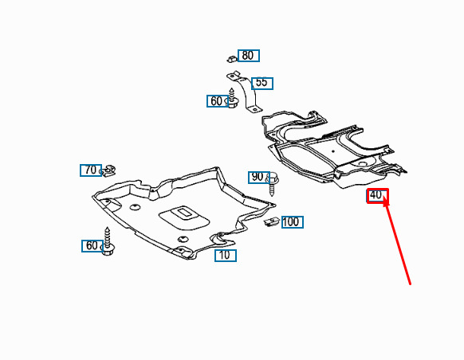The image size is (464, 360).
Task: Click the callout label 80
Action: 249,56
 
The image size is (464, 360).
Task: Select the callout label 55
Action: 262,84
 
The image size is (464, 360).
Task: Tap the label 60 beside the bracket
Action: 217,101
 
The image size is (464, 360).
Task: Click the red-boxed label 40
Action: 378,196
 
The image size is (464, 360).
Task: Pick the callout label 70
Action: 91,170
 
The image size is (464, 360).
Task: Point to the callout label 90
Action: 258,178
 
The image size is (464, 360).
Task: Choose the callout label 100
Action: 293,222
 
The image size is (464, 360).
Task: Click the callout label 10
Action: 226,256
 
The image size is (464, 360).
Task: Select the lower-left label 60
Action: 92,246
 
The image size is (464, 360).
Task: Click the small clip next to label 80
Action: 232,58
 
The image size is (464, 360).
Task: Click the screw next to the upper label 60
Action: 233,98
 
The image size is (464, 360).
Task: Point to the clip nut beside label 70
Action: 108,170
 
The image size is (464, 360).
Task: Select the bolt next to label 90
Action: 272,183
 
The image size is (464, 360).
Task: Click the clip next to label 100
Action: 271,221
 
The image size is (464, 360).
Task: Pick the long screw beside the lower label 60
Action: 108,241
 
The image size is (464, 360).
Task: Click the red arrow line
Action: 397,241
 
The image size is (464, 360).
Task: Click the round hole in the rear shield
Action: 363,163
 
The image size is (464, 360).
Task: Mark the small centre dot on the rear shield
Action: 333,151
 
